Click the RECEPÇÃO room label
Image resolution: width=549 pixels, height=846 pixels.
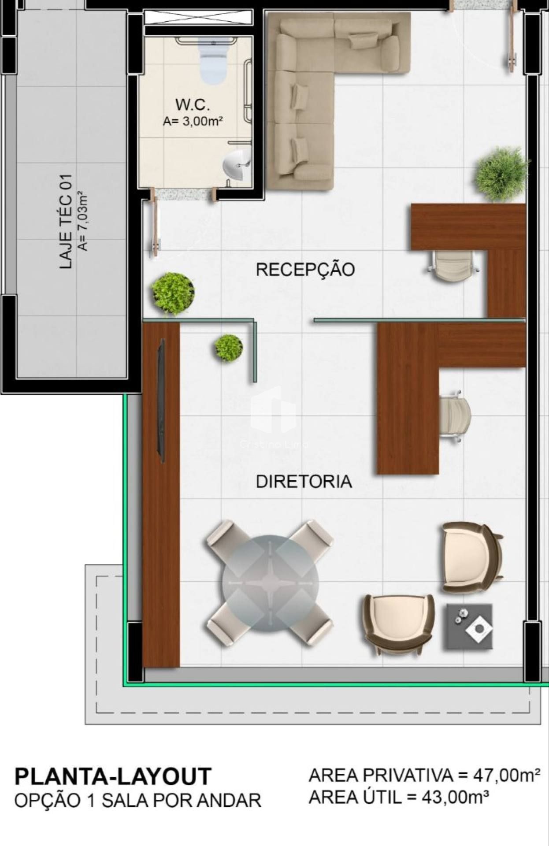pyautogui.click(x=305, y=269)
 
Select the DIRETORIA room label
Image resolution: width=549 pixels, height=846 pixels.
pyautogui.click(x=304, y=482)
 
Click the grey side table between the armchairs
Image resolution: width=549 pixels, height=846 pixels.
pyautogui.click(x=470, y=626)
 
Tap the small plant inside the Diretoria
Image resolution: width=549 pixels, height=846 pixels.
pyautogui.click(x=229, y=348)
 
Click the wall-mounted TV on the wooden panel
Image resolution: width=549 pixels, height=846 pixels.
pyautogui.click(x=161, y=401)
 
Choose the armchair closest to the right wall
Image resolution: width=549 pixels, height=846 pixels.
pyautogui.click(x=471, y=558)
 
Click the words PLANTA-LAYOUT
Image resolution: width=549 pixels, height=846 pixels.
pyautogui.click(x=113, y=776)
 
